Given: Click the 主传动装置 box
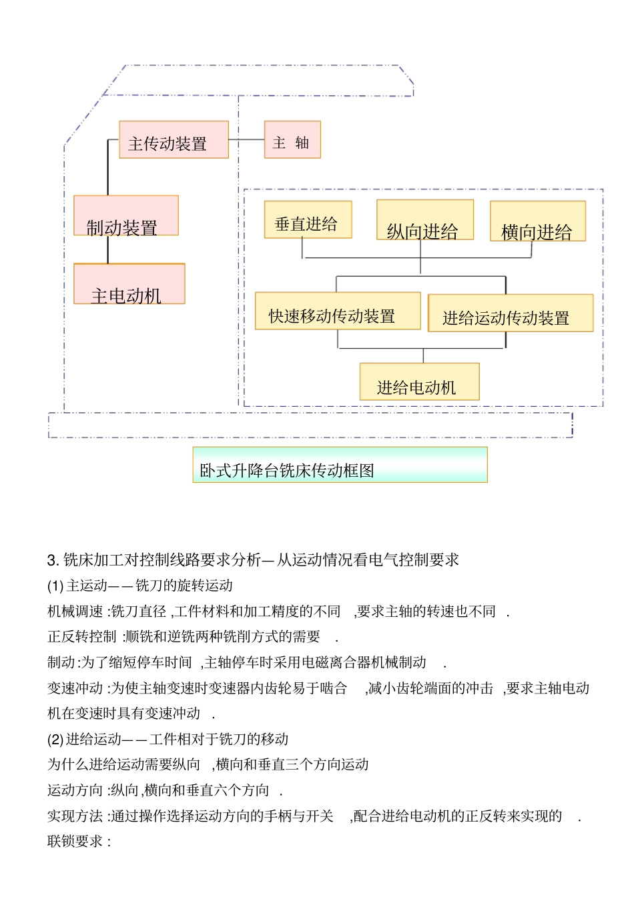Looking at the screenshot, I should point(174,139).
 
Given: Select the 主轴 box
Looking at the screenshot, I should point(292,139).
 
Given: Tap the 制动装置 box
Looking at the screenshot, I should point(125,215).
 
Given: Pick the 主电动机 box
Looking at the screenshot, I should point(129,284).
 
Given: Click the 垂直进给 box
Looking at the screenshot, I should point(308,220).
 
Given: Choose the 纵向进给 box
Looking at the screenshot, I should point(425,220).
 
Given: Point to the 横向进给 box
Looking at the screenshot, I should point(538,221).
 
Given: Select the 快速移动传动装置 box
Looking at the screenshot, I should point(338,311).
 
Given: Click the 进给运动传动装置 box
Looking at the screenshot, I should point(511,313).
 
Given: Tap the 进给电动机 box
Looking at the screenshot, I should point(419,382).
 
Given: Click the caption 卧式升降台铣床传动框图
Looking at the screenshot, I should point(340,465).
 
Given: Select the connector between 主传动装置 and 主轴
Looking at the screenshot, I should point(246,139).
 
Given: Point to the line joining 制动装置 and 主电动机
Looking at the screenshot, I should point(108,249).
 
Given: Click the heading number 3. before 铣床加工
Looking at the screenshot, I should point(53,560).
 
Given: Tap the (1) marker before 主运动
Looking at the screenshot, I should point(55,586).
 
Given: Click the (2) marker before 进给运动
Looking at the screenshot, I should point(55,740).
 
